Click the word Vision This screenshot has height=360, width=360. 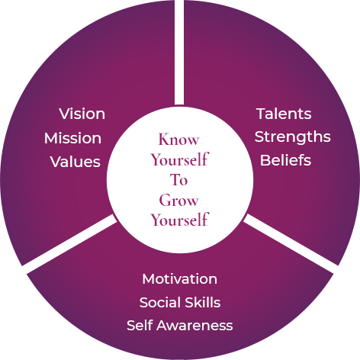[x=82, y=114]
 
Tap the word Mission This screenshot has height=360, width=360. [x=72, y=138]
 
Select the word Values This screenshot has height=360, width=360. [x=76, y=162]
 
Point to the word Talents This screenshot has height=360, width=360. [x=284, y=114]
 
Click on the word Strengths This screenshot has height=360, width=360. [x=293, y=137]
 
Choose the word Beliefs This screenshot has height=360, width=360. [x=285, y=160]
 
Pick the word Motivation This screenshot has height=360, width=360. [x=180, y=279]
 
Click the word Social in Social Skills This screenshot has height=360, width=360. [x=160, y=303]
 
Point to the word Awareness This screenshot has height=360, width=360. [x=194, y=326]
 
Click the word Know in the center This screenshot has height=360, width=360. [x=178, y=140]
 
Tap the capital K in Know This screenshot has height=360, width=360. [x=165, y=139]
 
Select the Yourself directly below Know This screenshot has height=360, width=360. [x=180, y=159]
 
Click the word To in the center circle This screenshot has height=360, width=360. [x=178, y=180]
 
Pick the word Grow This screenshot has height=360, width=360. [x=178, y=200]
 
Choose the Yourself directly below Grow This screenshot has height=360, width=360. [x=180, y=220]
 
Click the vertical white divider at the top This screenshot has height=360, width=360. [x=179, y=52]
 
